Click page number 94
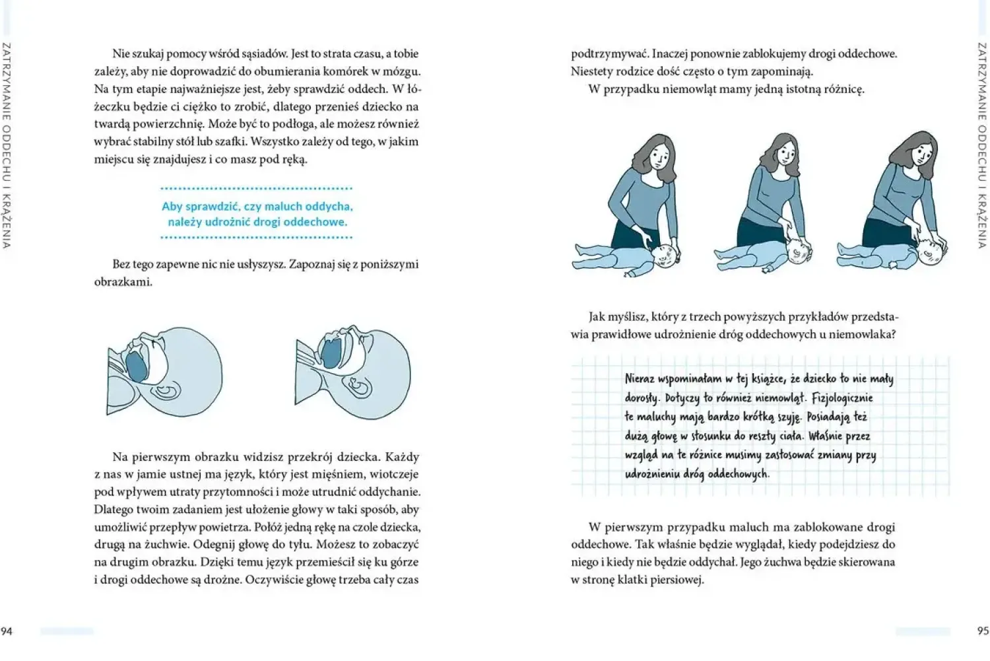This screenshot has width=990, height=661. pyautogui.click(x=6, y=631)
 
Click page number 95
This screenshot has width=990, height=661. pyautogui.click(x=983, y=631)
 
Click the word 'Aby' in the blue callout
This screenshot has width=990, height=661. pyautogui.click(x=171, y=207)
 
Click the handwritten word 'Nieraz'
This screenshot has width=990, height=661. pyautogui.click(x=640, y=379)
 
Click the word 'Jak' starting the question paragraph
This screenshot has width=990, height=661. pyautogui.click(x=597, y=317)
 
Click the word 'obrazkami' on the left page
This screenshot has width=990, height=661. pyautogui.click(x=123, y=282)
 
